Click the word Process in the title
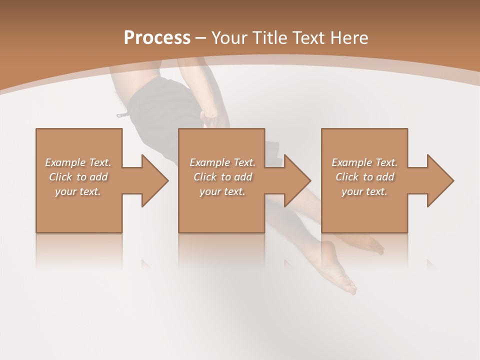pyautogui.click(x=157, y=37)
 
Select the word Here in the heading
pyautogui.click(x=350, y=37)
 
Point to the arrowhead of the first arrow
pyautogui.click(x=155, y=180)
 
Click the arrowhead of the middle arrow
pyautogui.click(x=297, y=180)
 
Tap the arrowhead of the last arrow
pyautogui.click(x=440, y=180)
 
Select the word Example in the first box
pyautogui.click(x=65, y=162)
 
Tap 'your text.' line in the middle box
pyautogui.click(x=222, y=191)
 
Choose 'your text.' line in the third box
pyautogui.click(x=364, y=191)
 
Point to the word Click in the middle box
pyautogui.click(x=205, y=177)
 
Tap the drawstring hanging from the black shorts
pyautogui.click(x=122, y=115)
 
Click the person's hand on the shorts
pyautogui.click(x=211, y=118)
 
